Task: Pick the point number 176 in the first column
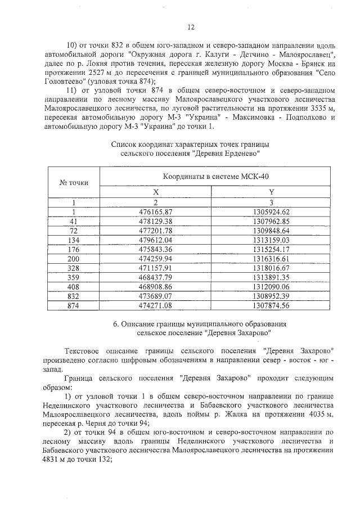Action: (73, 249)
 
